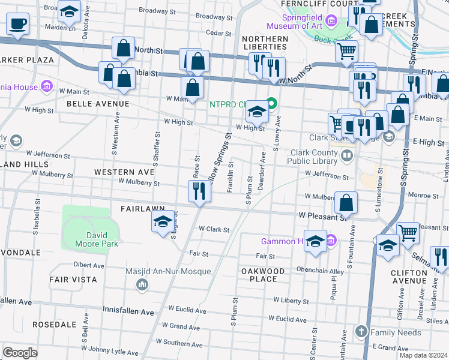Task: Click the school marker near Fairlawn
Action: (163, 221)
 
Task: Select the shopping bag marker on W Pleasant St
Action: (346, 202)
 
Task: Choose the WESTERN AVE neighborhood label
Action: (124, 172)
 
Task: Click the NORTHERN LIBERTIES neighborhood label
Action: (265, 43)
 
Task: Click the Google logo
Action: (20, 353)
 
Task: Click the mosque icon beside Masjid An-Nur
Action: (143, 283)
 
